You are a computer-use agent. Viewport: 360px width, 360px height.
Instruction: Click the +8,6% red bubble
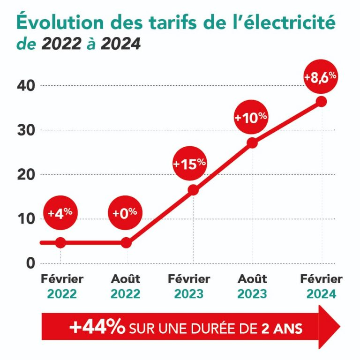click(321, 77)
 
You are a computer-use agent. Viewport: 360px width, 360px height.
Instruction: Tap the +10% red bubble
click(251, 117)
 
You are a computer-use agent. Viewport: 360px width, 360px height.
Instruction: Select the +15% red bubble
click(189, 164)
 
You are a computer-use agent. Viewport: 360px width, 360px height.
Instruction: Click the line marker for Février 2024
click(321, 101)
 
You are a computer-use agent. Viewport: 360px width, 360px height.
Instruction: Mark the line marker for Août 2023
click(252, 143)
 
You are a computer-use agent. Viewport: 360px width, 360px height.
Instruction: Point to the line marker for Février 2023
click(193, 190)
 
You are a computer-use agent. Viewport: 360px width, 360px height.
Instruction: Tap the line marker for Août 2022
click(126, 242)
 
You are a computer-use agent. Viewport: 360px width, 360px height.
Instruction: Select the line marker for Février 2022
click(60, 242)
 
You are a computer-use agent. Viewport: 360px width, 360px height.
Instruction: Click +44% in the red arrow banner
click(97, 327)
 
